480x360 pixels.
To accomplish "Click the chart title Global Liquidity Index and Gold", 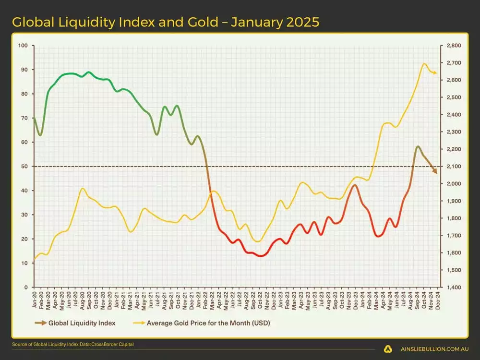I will [165, 22].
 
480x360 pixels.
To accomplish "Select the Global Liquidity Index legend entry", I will [82, 323].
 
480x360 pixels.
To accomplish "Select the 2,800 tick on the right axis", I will [453, 46].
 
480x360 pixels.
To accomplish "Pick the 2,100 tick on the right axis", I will [453, 167].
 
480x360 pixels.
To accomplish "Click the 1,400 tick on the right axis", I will [453, 287].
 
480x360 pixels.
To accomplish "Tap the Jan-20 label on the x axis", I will [34, 300].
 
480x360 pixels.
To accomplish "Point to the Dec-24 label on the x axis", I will [438, 300].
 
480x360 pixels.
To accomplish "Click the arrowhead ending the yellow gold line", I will [434, 73].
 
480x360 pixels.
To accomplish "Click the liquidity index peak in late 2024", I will [418, 146].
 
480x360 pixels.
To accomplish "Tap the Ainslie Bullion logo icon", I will [387, 349].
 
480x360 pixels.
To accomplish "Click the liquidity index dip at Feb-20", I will [40, 135].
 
